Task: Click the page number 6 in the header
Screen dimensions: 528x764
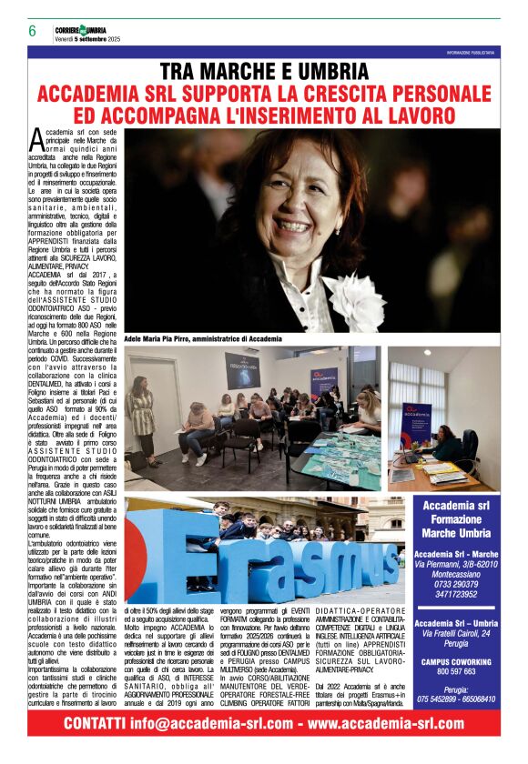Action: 32,30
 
